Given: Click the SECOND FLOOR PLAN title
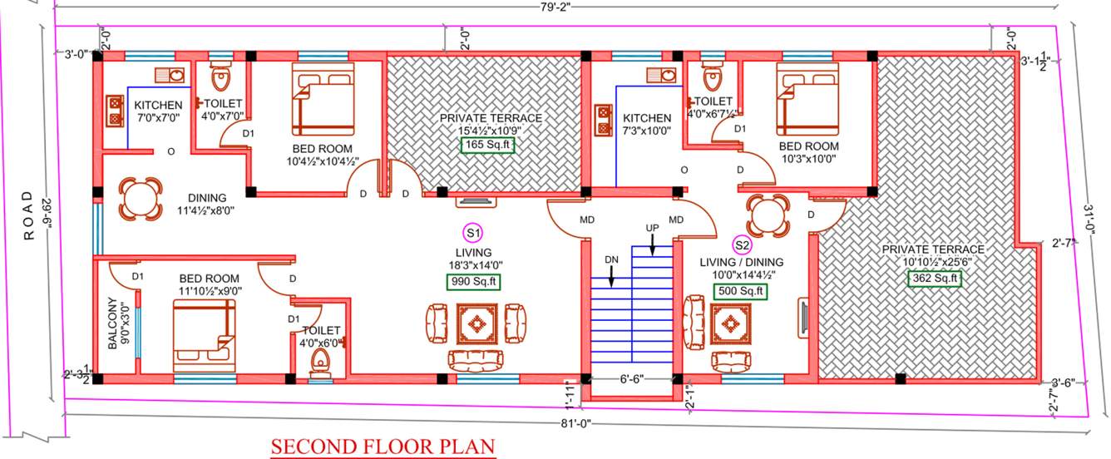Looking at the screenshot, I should (x=383, y=447).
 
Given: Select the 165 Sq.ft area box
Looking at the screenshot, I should (x=488, y=145).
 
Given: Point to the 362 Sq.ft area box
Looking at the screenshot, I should (x=934, y=278).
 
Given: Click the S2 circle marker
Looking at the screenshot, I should (x=741, y=244).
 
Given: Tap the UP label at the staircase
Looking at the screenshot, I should (x=653, y=227).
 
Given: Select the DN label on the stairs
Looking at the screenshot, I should (x=612, y=259).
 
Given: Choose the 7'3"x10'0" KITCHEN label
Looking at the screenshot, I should (x=646, y=118).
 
